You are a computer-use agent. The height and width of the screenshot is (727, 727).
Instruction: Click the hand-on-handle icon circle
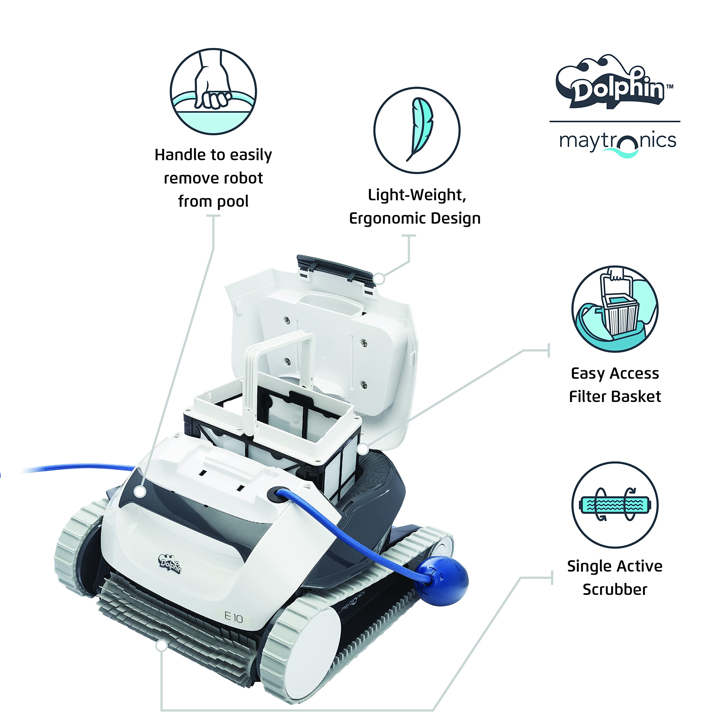(213, 91)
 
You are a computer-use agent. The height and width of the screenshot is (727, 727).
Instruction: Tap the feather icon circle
(417, 130)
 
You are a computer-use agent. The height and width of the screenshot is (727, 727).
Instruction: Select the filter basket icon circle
(615, 309)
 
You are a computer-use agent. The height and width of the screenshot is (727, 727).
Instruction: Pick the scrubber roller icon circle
(615, 505)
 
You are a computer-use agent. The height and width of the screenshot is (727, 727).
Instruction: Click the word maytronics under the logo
(617, 141)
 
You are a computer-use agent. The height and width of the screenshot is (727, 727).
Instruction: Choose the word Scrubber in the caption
(615, 589)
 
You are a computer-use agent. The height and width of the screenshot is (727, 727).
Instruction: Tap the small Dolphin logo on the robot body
(170, 564)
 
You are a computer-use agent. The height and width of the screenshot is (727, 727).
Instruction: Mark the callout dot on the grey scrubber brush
(161, 646)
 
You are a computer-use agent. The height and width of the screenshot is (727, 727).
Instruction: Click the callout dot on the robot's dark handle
(140, 491)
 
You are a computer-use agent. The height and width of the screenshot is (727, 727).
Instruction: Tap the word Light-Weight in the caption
(417, 195)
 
